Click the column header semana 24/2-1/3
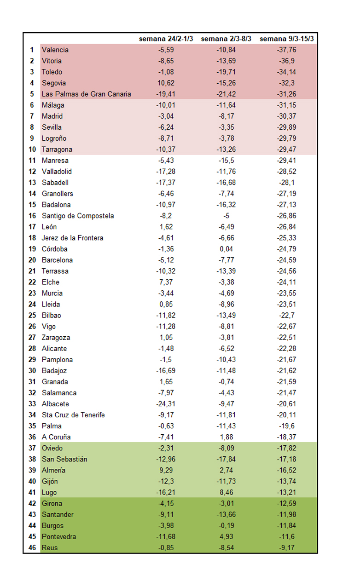pos(166,39)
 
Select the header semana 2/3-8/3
pos(226,39)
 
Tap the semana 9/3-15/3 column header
pos(287,39)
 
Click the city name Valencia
pos(55,50)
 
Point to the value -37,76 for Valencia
pos(287,50)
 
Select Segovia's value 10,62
pos(166,83)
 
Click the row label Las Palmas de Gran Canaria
pos(86,94)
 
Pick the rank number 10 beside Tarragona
pos(32,150)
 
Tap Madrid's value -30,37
pos(287,116)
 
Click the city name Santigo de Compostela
pos(78,216)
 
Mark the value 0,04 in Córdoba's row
pos(226,249)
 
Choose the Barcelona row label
pos(57,260)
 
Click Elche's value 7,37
pos(166,282)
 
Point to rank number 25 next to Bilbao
pos(32,315)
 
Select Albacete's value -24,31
pos(166,404)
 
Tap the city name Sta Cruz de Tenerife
pos(73,415)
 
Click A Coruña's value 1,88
pos(226,437)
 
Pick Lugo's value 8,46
pos(226,492)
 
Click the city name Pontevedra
pos(59,537)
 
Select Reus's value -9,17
pos(287,548)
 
